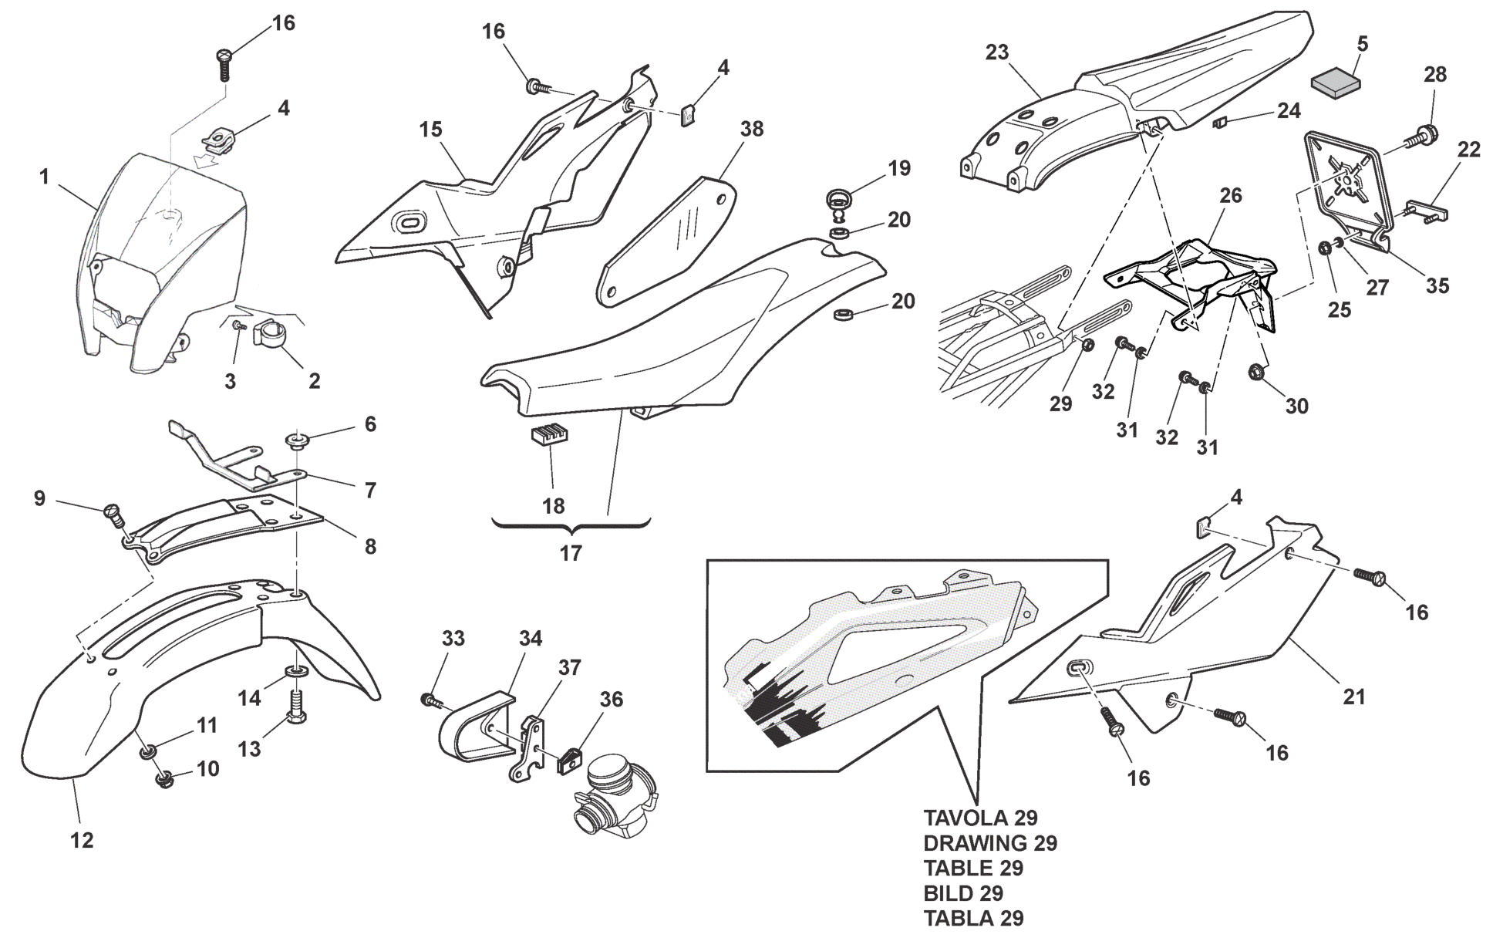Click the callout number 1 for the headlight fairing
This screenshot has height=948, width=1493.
tap(45, 177)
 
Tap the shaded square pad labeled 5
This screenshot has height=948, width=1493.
tap(1336, 79)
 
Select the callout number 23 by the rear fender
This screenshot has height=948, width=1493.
tap(996, 52)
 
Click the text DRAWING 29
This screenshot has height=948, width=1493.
tap(990, 843)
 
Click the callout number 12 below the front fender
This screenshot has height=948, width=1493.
tap(83, 840)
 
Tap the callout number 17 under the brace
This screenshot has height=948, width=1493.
tap(570, 552)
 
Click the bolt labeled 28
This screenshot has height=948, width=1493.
tap(1419, 138)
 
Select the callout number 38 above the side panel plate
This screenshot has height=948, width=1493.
tap(751, 129)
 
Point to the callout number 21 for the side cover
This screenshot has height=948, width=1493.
tap(1354, 697)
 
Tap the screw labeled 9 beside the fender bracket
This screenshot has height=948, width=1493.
tap(113, 512)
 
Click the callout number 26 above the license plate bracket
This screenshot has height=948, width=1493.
tap(1231, 195)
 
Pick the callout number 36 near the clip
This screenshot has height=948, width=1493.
tap(611, 700)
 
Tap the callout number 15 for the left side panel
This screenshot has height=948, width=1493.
tap(431, 130)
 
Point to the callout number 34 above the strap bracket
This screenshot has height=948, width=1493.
tap(530, 638)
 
